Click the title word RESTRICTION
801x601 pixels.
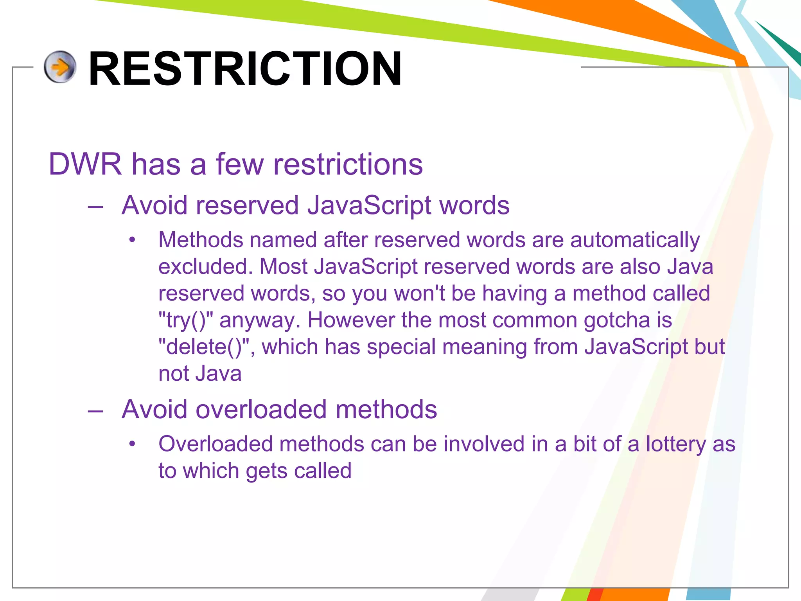point(245,69)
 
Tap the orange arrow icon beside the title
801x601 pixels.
point(60,67)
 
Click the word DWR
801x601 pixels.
point(85,164)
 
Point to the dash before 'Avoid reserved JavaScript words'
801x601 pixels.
point(95,207)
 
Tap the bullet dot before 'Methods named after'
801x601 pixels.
point(133,240)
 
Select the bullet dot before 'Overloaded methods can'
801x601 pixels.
point(133,444)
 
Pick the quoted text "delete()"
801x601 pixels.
point(204,347)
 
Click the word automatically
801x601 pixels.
point(635,240)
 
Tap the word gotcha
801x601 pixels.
point(616,320)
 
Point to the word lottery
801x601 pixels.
point(676,444)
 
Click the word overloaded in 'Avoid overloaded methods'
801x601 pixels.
point(261,410)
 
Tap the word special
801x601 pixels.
point(401,347)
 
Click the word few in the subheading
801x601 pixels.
point(240,164)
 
